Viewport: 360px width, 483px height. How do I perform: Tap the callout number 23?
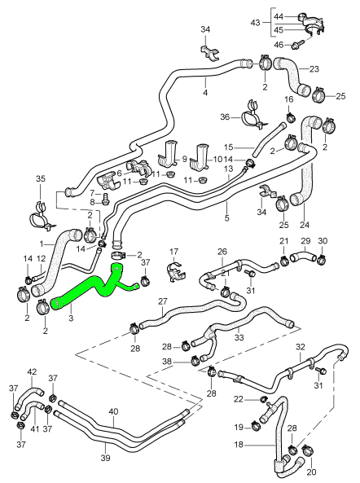[x=314, y=69]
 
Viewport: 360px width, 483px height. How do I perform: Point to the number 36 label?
[x=226, y=118]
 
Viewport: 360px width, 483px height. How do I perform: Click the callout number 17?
[x=173, y=251]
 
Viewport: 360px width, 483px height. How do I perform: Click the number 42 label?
[x=32, y=372]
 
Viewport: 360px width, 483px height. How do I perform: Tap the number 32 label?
[x=301, y=347]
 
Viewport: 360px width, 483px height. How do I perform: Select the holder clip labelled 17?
[x=173, y=270]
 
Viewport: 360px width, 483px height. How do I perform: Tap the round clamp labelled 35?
[x=40, y=217]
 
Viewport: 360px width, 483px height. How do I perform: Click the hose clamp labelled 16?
[x=288, y=116]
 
